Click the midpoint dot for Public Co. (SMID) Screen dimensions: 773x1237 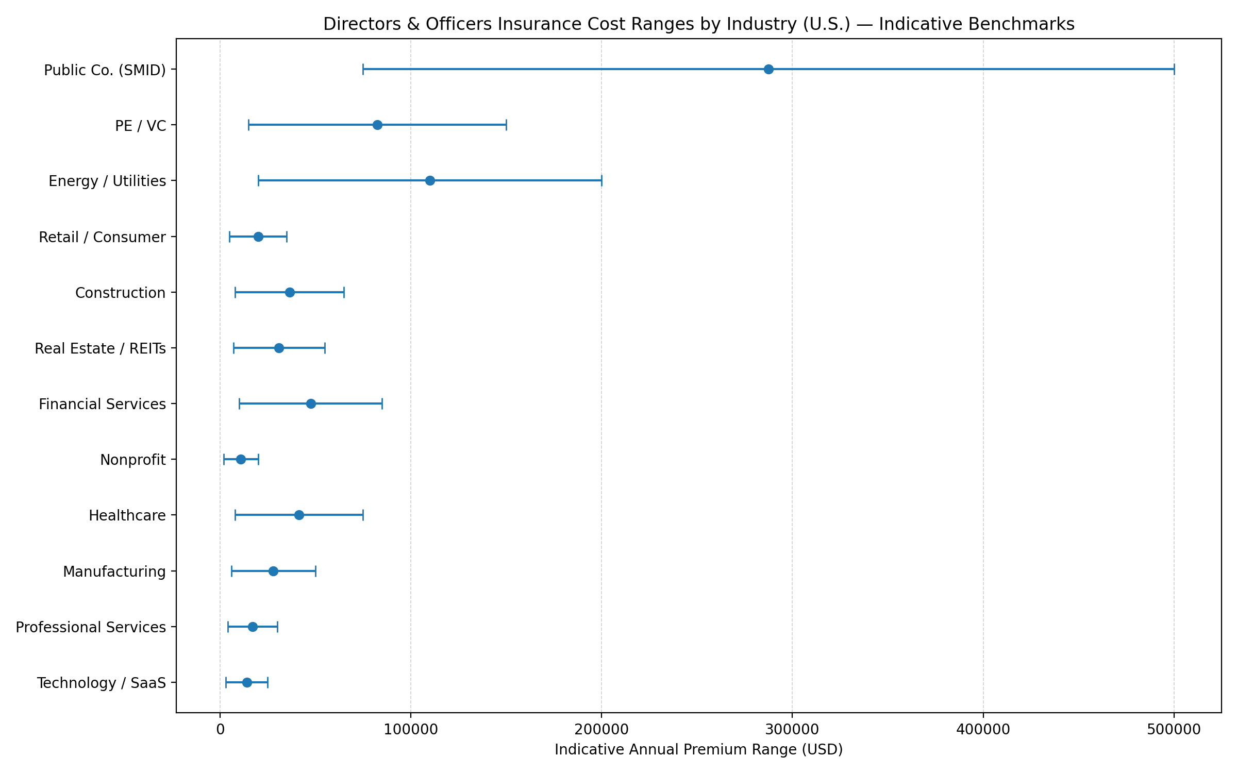[x=768, y=69]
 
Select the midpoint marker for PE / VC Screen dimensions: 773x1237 [x=377, y=125]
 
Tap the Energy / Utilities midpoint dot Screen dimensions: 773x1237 [x=430, y=180]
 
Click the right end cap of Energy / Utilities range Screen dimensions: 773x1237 [x=601, y=180]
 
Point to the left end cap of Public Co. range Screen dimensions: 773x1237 [x=363, y=69]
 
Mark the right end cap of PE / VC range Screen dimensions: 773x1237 [x=506, y=125]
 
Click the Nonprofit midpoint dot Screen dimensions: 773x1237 [x=241, y=459]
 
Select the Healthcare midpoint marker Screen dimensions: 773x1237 [x=299, y=515]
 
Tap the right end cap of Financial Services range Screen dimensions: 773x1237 [x=382, y=404]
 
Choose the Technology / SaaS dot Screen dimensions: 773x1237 [x=247, y=682]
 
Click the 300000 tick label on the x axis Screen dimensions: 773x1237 [x=792, y=730]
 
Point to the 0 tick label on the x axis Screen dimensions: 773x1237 [x=220, y=730]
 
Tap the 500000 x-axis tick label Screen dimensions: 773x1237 [x=1174, y=730]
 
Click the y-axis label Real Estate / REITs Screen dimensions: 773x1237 [x=100, y=348]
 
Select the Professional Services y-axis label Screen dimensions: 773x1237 [x=91, y=627]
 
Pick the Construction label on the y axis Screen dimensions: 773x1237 [x=120, y=293]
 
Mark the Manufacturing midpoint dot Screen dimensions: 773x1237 [x=273, y=571]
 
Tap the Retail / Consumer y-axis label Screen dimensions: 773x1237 [x=102, y=237]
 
